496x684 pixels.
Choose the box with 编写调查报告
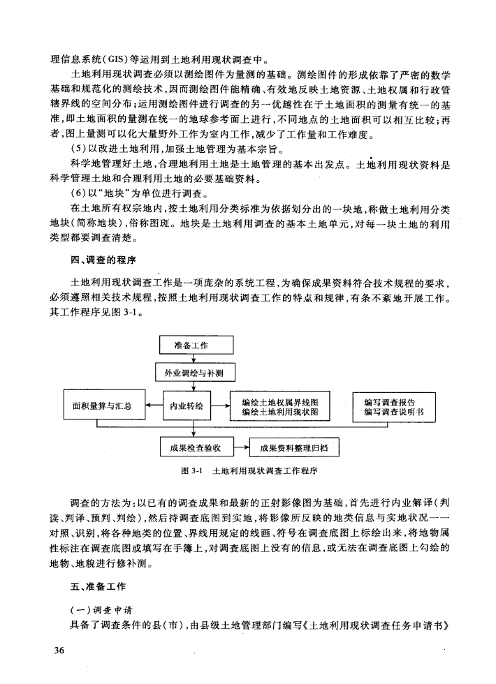coord(389,406)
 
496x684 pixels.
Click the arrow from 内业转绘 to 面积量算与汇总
coord(152,406)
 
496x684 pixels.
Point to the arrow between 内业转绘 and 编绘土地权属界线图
coord(220,406)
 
